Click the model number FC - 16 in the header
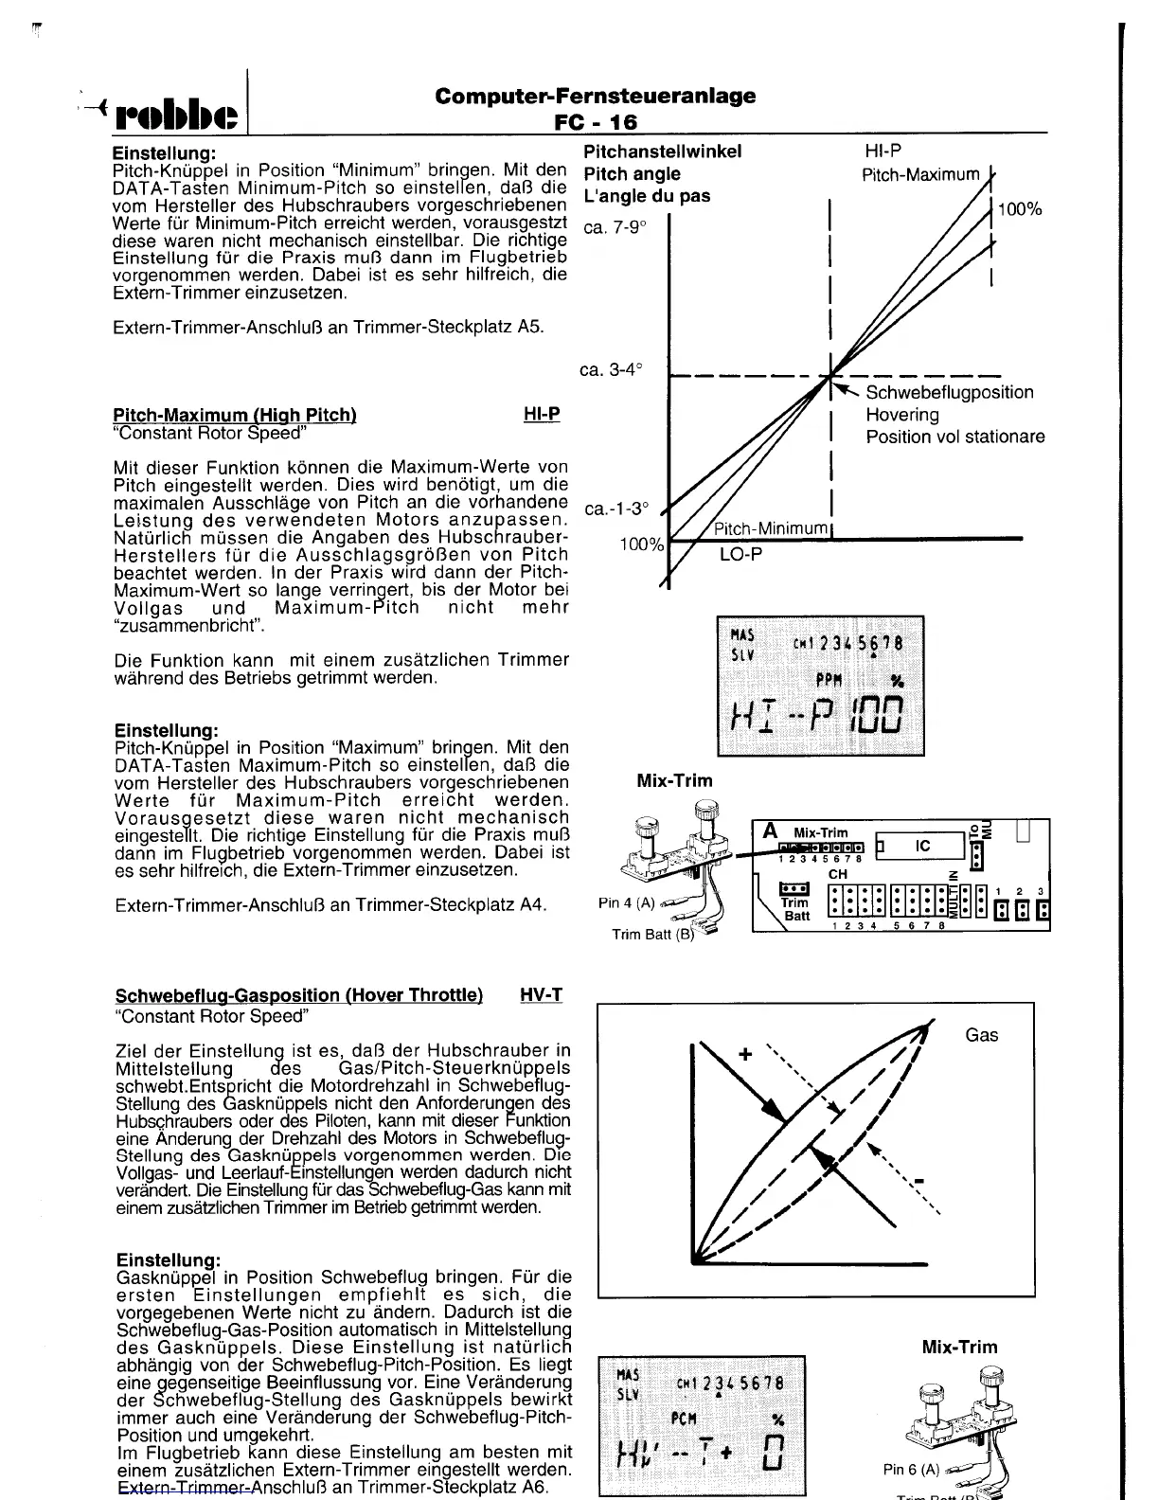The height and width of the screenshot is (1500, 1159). coord(596,121)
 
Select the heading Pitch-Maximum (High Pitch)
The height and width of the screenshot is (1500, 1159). coord(234,415)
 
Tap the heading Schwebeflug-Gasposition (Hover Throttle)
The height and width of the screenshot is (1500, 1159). coord(298,995)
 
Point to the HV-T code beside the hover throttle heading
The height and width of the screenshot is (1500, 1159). coord(541,995)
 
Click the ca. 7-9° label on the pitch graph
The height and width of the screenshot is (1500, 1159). coord(615,228)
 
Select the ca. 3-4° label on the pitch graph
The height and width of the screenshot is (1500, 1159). coord(612,369)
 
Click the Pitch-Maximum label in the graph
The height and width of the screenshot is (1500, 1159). coord(920,174)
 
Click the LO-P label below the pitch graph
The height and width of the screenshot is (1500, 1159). coord(740,554)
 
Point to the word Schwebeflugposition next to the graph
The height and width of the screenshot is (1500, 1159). coord(950,392)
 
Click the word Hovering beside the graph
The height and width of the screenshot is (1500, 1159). coord(902,415)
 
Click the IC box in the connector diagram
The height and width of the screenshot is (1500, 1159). coord(923,846)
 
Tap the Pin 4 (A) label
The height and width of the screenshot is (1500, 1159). coord(627,902)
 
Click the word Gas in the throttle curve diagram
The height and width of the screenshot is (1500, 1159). coord(982,1035)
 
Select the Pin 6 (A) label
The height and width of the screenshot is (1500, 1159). coord(911,1469)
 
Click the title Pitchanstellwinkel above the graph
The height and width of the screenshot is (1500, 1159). coord(663,152)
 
